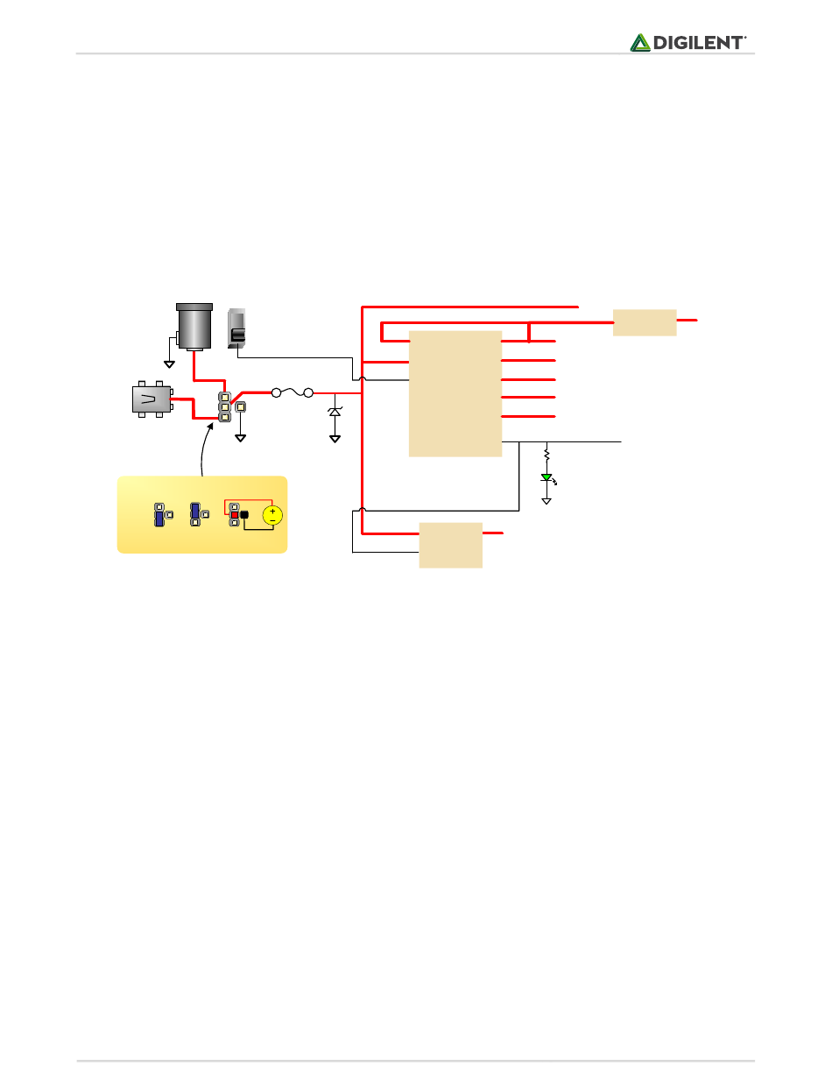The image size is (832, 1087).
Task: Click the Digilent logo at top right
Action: point(688,42)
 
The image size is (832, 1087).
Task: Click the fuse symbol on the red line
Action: point(292,393)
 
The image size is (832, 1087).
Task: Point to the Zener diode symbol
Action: point(335,411)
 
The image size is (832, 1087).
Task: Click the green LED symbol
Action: point(546,478)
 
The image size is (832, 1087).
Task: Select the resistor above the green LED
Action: point(546,455)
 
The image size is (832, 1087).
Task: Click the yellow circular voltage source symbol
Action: point(272,515)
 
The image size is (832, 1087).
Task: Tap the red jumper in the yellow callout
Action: point(235,514)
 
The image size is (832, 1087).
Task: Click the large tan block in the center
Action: point(455,393)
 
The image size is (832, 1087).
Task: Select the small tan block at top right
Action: point(645,321)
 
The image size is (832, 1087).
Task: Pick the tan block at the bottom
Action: point(450,545)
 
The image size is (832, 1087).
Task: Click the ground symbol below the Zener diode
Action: point(335,437)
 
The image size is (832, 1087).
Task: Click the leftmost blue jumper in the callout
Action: point(159,515)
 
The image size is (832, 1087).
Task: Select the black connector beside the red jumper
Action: point(245,515)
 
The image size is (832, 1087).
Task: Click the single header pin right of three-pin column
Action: point(241,406)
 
